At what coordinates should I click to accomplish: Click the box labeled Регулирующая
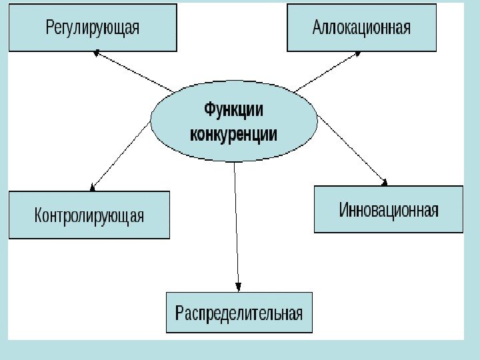(93, 27)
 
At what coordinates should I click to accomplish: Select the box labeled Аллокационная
(361, 27)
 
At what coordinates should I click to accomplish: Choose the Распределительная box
(239, 312)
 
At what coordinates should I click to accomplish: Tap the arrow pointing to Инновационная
(352, 148)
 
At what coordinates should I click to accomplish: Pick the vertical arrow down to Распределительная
(237, 227)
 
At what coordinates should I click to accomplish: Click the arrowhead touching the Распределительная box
(239, 287)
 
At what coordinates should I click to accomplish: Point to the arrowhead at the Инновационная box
(383, 180)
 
